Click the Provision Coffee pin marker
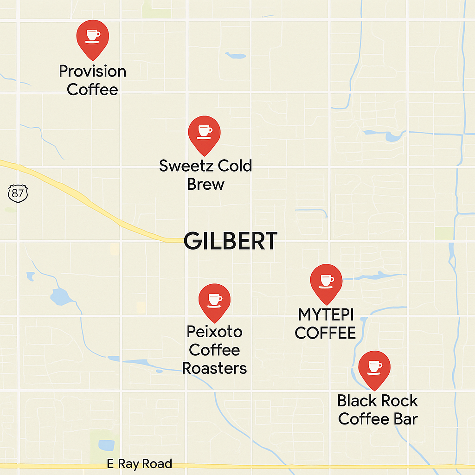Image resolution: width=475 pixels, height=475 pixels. click(x=92, y=37)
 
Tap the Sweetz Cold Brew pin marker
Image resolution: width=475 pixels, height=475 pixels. click(x=204, y=133)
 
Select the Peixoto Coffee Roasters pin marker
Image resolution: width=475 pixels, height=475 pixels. click(x=214, y=300)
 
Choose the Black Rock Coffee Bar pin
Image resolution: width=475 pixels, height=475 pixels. click(x=374, y=368)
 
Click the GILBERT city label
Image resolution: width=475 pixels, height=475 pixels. click(x=231, y=242)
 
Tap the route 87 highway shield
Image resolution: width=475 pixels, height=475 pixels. click(x=18, y=193)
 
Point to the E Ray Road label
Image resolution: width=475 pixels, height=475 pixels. click(x=139, y=464)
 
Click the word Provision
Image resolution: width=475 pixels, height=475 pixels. click(x=92, y=71)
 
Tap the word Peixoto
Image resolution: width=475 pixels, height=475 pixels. click(x=214, y=332)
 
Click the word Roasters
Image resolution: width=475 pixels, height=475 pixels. click(x=214, y=368)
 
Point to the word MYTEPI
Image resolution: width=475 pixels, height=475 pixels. click(x=326, y=315)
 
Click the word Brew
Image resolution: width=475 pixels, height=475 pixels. click(x=205, y=184)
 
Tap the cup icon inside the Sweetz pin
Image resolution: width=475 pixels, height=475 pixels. click(x=204, y=131)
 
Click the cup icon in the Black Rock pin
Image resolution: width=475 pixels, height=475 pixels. click(x=374, y=366)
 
